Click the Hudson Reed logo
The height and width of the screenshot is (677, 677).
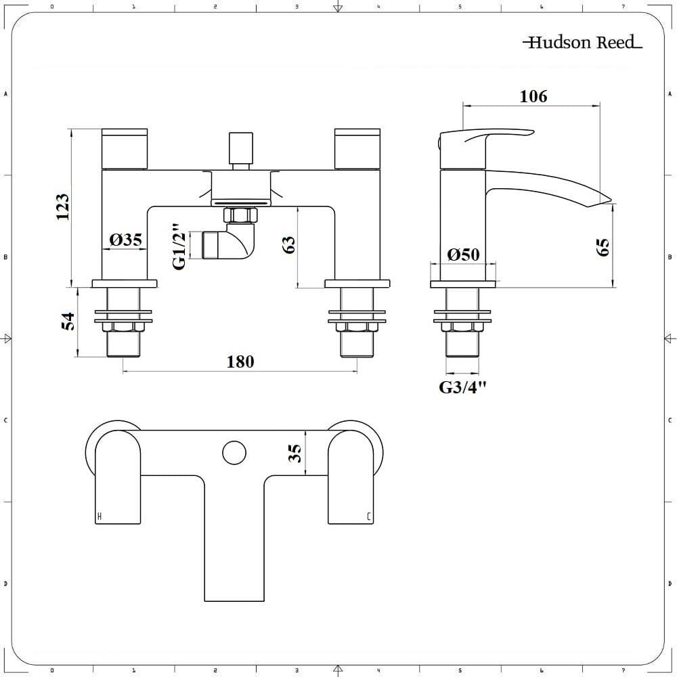(x=582, y=42)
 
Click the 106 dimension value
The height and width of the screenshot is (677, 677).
(x=533, y=96)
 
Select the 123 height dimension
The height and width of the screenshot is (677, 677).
(x=63, y=206)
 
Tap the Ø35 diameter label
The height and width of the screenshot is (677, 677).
(x=126, y=240)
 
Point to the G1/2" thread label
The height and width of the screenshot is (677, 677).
(x=180, y=246)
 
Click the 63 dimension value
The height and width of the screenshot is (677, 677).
(x=288, y=245)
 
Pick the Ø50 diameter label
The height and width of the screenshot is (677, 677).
(x=463, y=255)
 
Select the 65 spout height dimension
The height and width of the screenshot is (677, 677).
(x=603, y=247)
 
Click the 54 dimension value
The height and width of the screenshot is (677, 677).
(x=68, y=321)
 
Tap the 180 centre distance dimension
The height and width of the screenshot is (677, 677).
(x=240, y=362)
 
